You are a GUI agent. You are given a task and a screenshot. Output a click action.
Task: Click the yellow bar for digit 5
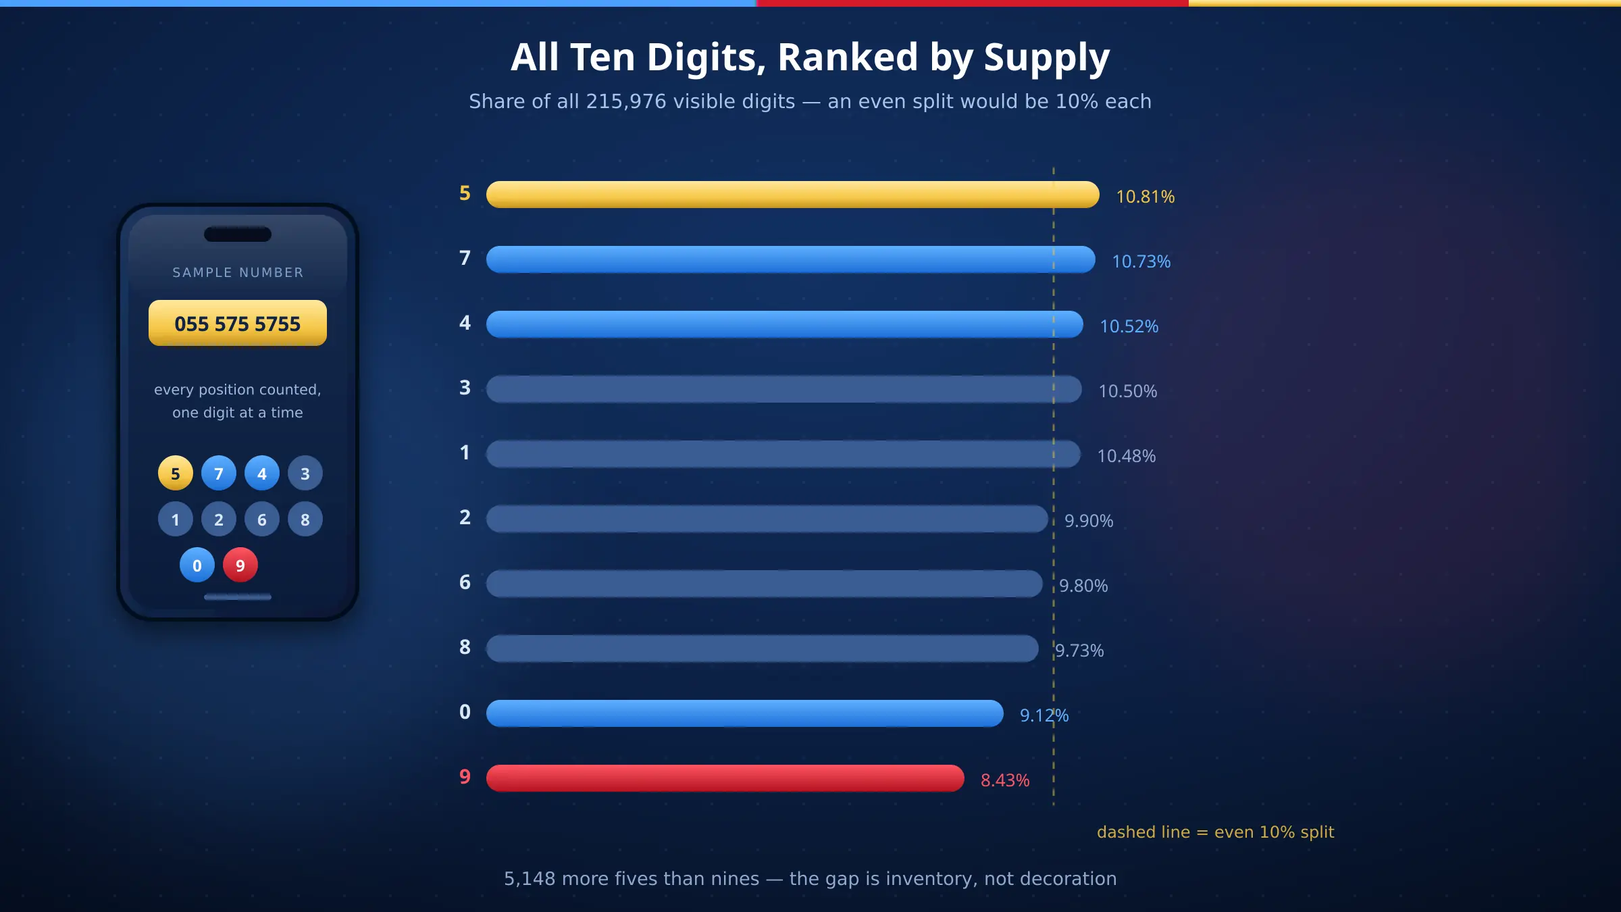pyautogui.click(x=793, y=195)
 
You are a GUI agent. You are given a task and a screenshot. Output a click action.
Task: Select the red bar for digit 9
pyautogui.click(x=725, y=778)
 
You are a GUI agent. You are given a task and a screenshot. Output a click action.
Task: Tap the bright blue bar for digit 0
pyautogui.click(x=745, y=713)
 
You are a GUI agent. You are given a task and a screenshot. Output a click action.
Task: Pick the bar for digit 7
pyautogui.click(x=791, y=259)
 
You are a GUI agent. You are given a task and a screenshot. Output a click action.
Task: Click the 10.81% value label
pyautogui.click(x=1146, y=197)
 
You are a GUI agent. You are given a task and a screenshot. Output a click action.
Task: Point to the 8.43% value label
pyautogui.click(x=1005, y=780)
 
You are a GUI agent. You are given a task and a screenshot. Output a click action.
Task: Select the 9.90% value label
pyautogui.click(x=1089, y=521)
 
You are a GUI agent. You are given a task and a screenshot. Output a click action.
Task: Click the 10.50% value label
pyautogui.click(x=1128, y=391)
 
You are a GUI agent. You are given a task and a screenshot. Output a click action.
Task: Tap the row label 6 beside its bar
pyautogui.click(x=465, y=582)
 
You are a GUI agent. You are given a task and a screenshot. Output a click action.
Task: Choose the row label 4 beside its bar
pyautogui.click(x=465, y=323)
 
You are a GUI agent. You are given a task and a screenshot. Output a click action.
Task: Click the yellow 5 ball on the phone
pyautogui.click(x=176, y=473)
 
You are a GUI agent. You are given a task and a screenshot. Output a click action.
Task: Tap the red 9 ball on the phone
pyautogui.click(x=240, y=565)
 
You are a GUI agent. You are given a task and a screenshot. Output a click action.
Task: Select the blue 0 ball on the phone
pyautogui.click(x=197, y=565)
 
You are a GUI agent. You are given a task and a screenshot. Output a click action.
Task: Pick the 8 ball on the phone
pyautogui.click(x=305, y=519)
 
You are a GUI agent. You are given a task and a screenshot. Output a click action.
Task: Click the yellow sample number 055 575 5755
pyautogui.click(x=238, y=323)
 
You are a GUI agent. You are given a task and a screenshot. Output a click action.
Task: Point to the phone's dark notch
pyautogui.click(x=238, y=234)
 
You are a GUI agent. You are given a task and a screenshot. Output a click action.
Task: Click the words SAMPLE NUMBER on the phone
pyautogui.click(x=238, y=272)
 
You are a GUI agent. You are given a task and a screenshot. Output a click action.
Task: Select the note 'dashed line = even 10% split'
pyautogui.click(x=1216, y=832)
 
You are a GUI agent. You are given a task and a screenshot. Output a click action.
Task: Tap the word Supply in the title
pyautogui.click(x=1047, y=58)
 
